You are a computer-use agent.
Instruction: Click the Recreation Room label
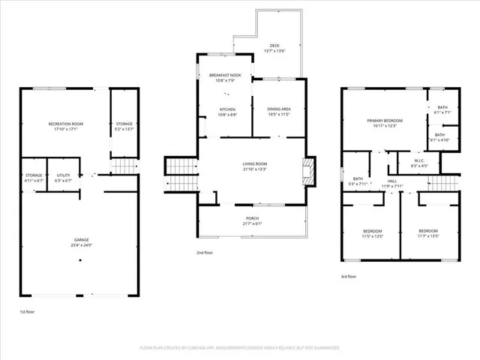65,124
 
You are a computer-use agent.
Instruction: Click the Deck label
275,46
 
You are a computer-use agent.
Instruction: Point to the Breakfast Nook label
224,76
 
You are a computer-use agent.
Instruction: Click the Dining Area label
278,109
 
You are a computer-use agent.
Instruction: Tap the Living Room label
254,164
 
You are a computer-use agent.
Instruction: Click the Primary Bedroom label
385,121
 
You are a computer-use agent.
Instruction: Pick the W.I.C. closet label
418,160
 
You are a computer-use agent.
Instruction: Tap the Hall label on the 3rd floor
392,181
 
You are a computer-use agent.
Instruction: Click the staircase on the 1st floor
125,166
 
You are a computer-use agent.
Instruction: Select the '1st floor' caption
26,311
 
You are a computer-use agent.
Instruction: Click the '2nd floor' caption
205,253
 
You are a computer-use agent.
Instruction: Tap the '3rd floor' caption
348,276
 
